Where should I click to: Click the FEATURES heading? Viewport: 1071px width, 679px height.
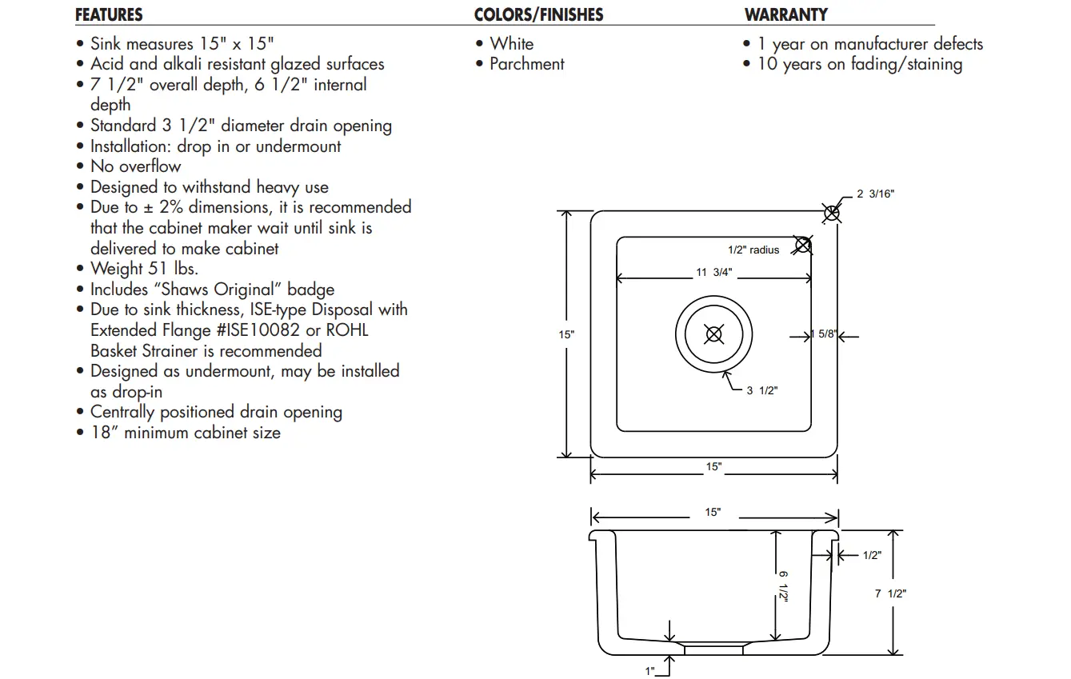click(x=109, y=15)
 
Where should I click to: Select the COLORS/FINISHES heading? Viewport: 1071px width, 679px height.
click(x=538, y=15)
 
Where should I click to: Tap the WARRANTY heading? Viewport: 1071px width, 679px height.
click(x=785, y=15)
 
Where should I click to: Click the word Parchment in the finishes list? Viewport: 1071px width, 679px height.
click(x=526, y=64)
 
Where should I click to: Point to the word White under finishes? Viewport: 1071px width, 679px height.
click(x=511, y=44)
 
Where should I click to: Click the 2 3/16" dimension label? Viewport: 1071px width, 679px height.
click(x=875, y=194)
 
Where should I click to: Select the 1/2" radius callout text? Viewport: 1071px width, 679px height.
click(x=753, y=250)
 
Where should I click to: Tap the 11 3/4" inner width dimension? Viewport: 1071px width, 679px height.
click(x=713, y=273)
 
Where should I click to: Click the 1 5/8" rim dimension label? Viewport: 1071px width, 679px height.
click(x=825, y=334)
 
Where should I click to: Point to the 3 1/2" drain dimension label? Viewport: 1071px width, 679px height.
click(x=762, y=391)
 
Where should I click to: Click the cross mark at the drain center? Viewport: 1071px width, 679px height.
click(x=714, y=334)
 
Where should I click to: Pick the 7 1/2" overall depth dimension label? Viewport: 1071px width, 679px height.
click(x=890, y=593)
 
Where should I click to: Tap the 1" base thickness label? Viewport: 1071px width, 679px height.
click(x=650, y=671)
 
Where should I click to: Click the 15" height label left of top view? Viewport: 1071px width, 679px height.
click(x=566, y=335)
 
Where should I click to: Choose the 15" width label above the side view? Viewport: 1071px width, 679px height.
click(x=713, y=513)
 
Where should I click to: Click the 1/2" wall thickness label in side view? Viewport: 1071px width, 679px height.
click(x=872, y=556)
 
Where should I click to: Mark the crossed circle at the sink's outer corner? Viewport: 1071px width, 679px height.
click(x=832, y=213)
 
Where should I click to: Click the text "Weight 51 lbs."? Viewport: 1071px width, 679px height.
click(x=144, y=269)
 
